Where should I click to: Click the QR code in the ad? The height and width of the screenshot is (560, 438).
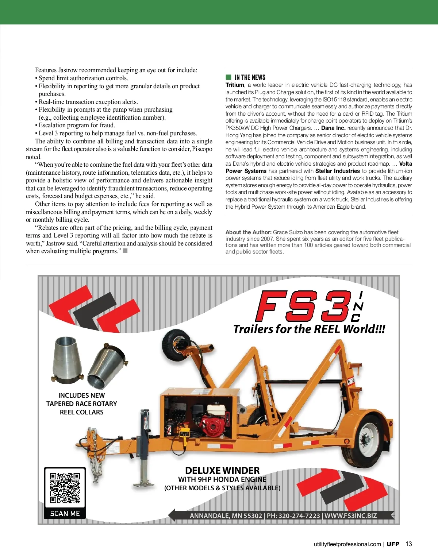[65, 488]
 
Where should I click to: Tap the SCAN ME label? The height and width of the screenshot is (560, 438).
[65, 513]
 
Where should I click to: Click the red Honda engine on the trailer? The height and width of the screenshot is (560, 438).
[215, 420]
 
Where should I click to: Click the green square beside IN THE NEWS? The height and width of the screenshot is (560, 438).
[228, 77]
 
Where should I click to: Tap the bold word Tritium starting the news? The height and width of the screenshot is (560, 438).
[235, 85]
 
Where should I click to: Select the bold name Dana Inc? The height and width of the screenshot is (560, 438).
[333, 128]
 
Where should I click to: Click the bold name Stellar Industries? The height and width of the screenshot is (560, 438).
[338, 171]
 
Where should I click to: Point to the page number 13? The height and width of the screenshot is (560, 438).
[408, 544]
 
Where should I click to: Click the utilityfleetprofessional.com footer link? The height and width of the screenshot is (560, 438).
[347, 544]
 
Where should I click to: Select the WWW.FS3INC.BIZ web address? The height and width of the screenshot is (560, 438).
[350, 516]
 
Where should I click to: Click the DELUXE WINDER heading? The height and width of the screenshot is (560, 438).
[222, 470]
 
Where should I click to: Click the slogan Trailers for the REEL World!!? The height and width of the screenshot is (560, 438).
[309, 329]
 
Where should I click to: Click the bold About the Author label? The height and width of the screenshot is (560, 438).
[248, 232]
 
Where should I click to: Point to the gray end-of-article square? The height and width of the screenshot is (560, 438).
[125, 251]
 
